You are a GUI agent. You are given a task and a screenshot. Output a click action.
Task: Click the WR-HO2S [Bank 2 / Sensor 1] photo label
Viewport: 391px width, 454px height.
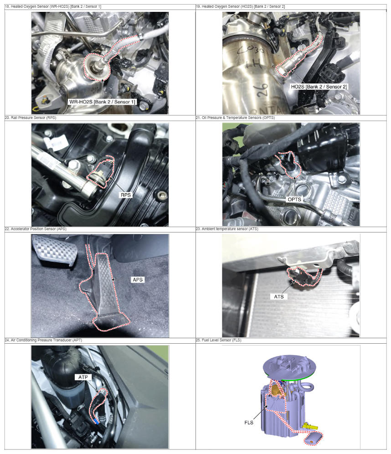(102, 102)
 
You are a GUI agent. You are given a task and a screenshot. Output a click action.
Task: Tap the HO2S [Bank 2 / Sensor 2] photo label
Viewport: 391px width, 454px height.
(319, 87)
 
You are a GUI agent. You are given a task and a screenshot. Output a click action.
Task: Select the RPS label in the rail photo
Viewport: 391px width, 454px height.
(126, 195)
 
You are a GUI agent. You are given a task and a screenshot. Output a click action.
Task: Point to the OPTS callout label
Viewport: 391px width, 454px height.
(294, 200)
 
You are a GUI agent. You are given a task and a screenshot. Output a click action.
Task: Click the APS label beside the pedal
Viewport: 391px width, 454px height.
(138, 280)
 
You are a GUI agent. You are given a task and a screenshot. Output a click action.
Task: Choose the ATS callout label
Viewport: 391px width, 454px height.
(279, 297)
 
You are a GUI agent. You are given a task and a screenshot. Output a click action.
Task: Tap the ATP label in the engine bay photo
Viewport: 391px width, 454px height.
(83, 377)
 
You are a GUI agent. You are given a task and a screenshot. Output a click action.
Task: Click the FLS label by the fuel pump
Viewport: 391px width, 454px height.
(249, 423)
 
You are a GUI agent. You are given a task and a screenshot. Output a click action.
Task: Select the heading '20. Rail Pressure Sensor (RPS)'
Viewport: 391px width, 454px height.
(31, 118)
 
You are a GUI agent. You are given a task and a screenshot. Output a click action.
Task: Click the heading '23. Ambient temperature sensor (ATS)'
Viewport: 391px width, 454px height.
(227, 229)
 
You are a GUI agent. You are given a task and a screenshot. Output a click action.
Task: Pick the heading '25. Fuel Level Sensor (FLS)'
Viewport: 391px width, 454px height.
(218, 340)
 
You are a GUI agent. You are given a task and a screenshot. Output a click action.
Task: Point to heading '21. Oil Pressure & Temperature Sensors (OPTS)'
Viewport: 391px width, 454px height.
(235, 118)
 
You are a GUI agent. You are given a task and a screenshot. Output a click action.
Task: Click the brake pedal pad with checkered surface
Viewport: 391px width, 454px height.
(55, 250)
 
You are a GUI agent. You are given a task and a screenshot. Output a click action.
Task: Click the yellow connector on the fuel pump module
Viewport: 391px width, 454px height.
(310, 426)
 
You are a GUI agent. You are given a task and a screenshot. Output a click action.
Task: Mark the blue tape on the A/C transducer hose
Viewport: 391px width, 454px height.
(97, 422)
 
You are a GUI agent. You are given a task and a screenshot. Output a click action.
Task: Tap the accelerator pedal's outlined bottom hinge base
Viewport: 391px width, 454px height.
(112, 323)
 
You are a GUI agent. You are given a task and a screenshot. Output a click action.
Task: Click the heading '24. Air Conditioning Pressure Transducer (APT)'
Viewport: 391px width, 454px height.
(43, 340)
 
